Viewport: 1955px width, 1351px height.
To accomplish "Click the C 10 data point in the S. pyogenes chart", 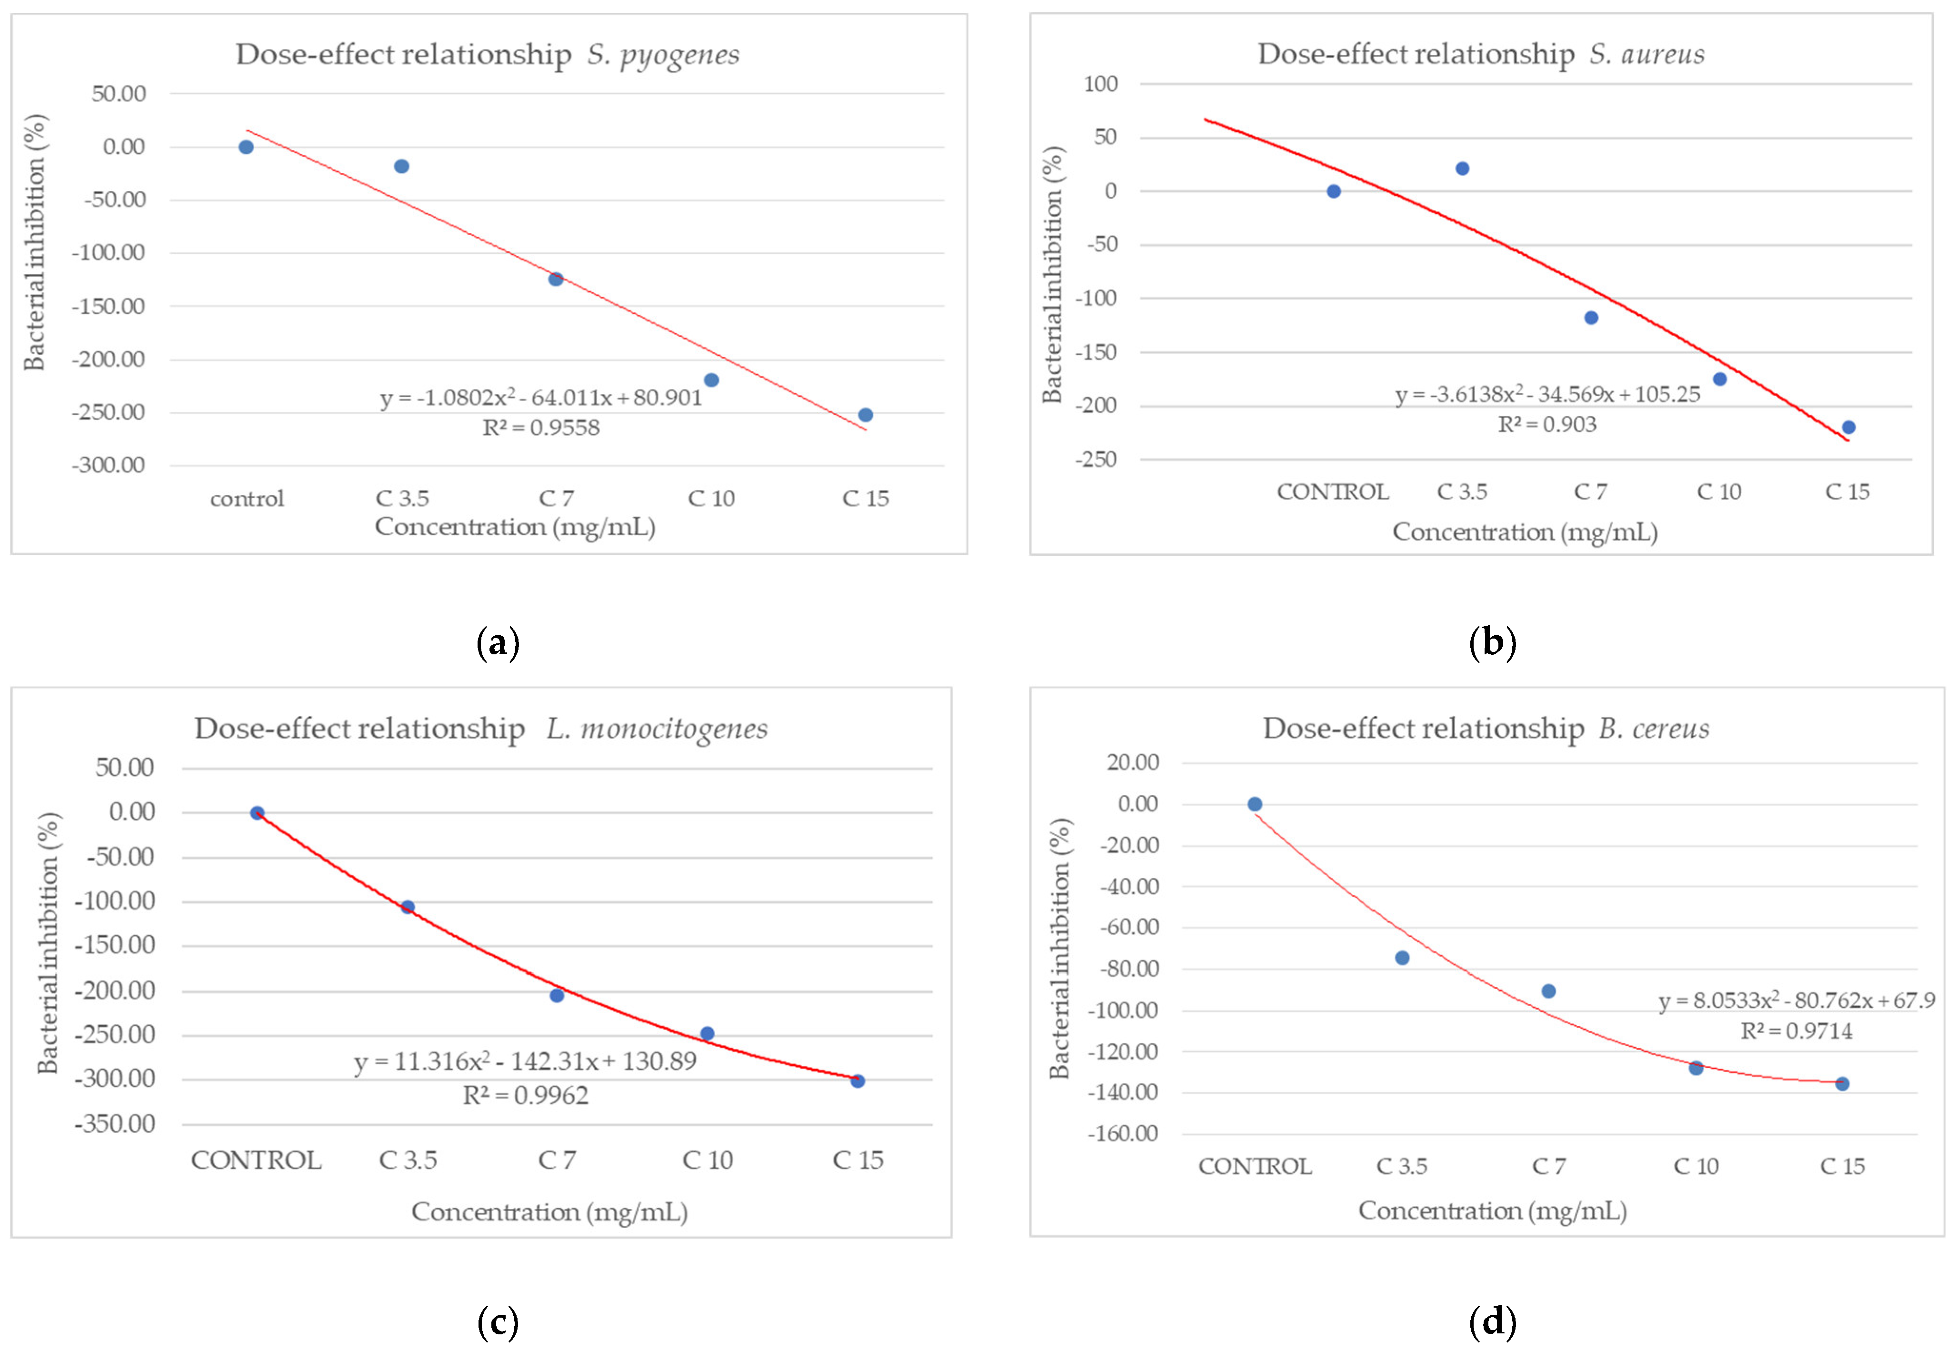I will tap(711, 380).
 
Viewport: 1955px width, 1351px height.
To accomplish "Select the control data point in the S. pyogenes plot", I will tap(246, 147).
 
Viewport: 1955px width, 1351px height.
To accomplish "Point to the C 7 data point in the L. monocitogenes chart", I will tap(557, 995).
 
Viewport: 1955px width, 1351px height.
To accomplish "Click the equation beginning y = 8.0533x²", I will tap(1796, 1001).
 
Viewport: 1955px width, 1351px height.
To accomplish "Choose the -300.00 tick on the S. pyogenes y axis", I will tap(109, 466).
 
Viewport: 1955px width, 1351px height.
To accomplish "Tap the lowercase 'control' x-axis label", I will tap(247, 499).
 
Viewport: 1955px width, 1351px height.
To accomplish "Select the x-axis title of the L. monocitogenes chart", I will tap(549, 1212).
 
